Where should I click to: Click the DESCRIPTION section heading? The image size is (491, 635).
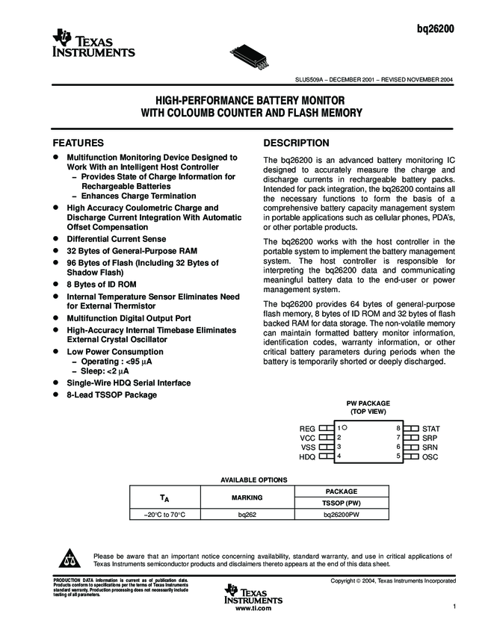pyautogui.click(x=297, y=143)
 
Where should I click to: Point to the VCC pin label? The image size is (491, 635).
pyautogui.click(x=308, y=437)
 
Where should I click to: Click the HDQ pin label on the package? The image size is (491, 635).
pyautogui.click(x=307, y=456)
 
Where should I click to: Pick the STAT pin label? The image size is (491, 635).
pyautogui.click(x=431, y=428)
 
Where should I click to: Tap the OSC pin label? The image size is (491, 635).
pyautogui.click(x=430, y=456)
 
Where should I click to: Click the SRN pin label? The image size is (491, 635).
pyautogui.click(x=430, y=447)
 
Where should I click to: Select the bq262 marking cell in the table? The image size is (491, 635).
pyautogui.click(x=247, y=515)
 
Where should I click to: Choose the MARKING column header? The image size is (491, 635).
pyautogui.click(x=247, y=497)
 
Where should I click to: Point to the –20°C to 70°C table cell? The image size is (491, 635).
pyautogui.click(x=164, y=515)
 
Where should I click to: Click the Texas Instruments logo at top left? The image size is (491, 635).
pyautogui.click(x=93, y=46)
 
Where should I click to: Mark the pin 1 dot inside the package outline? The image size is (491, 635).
pyautogui.click(x=345, y=427)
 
